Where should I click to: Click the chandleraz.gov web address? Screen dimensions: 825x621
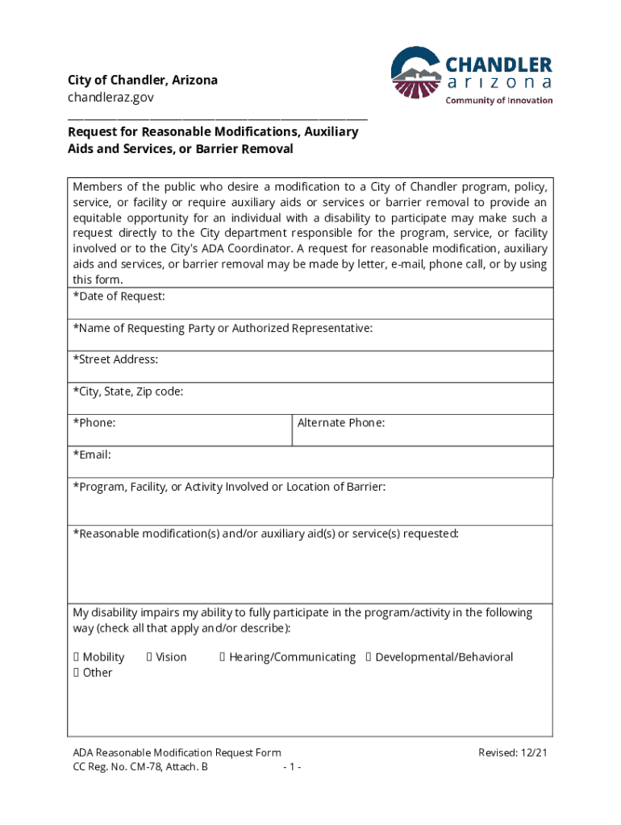(110, 97)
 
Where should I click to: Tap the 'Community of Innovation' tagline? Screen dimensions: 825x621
(499, 101)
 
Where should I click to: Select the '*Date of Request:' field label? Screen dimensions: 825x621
(119, 296)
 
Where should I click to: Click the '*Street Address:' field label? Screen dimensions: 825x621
(115, 359)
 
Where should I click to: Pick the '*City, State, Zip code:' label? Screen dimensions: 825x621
(128, 392)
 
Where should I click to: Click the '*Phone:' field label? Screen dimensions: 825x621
(94, 422)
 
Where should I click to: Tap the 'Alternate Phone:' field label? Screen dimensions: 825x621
(341, 422)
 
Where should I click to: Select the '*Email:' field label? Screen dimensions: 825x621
(92, 454)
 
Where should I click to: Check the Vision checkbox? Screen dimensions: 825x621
(150, 657)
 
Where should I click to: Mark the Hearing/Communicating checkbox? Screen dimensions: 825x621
(223, 657)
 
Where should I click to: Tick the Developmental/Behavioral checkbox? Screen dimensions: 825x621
(369, 657)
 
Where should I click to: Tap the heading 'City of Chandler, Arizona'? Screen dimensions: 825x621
(143, 81)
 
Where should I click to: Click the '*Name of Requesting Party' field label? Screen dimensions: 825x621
(223, 328)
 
